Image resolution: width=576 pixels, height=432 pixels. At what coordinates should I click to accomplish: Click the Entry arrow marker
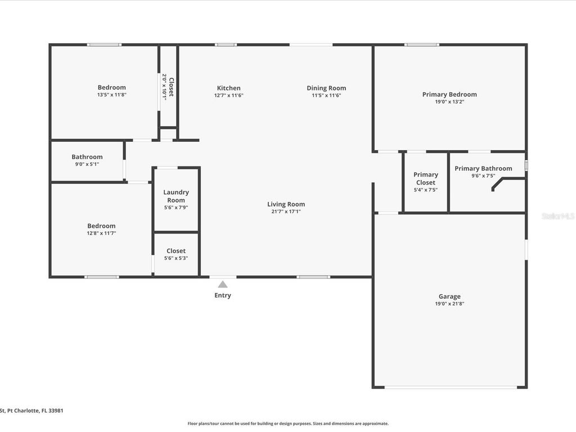tap(223, 284)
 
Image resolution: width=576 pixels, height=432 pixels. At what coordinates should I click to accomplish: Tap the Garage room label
tap(449, 296)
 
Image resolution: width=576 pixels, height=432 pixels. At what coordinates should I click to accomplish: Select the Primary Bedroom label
tap(449, 94)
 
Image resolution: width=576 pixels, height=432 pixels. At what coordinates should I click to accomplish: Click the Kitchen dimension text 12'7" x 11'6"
tap(228, 96)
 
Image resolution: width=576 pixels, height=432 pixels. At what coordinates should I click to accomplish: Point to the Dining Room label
tap(326, 88)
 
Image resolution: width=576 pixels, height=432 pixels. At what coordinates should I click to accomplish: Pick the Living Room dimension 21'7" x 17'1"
tap(286, 211)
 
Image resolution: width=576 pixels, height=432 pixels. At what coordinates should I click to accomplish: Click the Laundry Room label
tap(176, 196)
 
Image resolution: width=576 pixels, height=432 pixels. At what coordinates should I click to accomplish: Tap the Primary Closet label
tap(426, 178)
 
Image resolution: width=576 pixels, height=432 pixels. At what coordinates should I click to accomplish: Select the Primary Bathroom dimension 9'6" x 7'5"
tap(483, 175)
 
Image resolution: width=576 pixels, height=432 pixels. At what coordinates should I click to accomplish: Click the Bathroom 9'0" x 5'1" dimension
tap(87, 164)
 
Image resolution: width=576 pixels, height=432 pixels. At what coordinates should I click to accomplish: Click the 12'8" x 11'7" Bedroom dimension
tap(101, 233)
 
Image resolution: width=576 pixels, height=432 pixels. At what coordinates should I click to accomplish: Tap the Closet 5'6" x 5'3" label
tap(176, 251)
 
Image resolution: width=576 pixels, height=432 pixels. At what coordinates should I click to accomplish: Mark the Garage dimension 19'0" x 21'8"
tap(449, 304)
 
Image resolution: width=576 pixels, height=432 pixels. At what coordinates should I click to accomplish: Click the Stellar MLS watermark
tap(558, 216)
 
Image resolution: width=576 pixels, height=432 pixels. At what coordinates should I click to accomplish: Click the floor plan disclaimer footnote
tap(287, 424)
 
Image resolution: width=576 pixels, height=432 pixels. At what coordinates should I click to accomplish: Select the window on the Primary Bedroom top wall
tap(422, 44)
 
